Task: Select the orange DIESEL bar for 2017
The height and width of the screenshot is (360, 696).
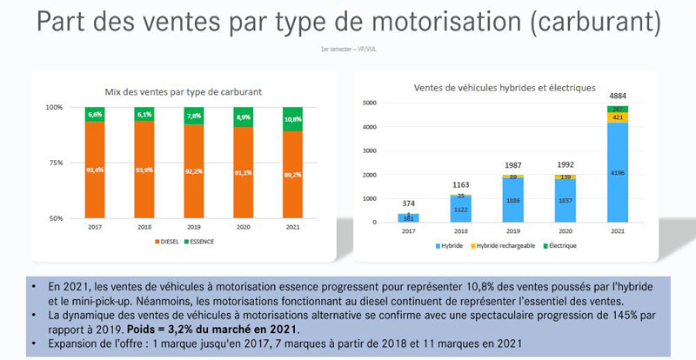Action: pyautogui.click(x=97, y=170)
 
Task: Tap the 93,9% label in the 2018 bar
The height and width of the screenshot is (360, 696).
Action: pyautogui.click(x=146, y=169)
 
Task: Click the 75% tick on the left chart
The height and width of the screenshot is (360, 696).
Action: pyautogui.click(x=55, y=163)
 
